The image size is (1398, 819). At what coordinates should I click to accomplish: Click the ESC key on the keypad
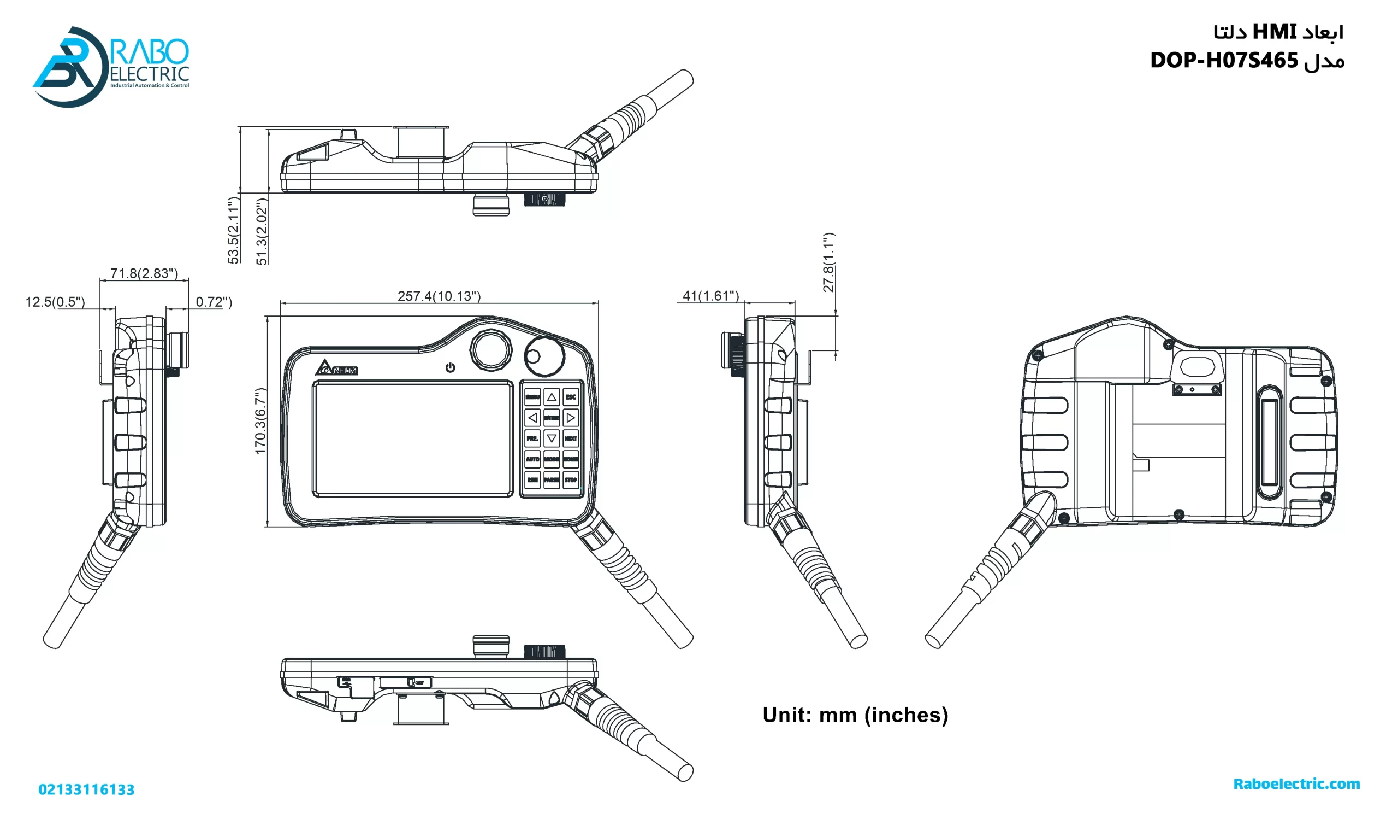(x=570, y=397)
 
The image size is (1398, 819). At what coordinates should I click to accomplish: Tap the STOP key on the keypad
(x=570, y=479)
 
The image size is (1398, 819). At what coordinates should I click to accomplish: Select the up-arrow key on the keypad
(x=551, y=397)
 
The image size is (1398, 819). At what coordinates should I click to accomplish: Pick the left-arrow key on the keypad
(x=532, y=418)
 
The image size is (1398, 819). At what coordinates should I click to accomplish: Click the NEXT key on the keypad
(x=570, y=438)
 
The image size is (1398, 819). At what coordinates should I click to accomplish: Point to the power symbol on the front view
(x=450, y=367)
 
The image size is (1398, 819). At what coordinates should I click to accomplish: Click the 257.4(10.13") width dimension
(x=439, y=296)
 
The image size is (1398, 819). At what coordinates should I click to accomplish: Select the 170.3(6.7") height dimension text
(x=260, y=421)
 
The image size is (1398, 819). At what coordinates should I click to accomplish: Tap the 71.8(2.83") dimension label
(x=144, y=273)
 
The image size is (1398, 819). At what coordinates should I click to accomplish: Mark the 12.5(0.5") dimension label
(x=55, y=301)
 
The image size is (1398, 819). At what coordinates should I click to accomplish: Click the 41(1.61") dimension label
(x=710, y=295)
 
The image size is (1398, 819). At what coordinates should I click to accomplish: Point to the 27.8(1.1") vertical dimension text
(x=828, y=262)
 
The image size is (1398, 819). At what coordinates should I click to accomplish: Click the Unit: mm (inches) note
(x=855, y=715)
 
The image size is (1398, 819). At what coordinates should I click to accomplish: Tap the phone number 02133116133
(x=86, y=789)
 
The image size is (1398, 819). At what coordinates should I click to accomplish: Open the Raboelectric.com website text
(x=1296, y=783)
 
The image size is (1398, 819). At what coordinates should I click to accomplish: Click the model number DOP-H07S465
(x=1224, y=60)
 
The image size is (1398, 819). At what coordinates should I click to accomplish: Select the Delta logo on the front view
(x=336, y=368)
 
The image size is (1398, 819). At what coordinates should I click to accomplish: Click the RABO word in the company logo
(x=150, y=52)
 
